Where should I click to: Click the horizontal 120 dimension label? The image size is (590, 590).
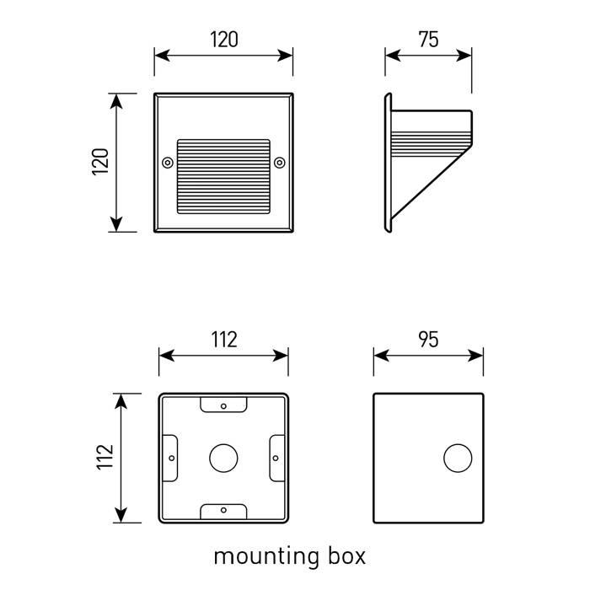tap(223, 39)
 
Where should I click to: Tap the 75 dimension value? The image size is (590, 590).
tap(428, 39)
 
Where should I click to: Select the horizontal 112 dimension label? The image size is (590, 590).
tap(223, 339)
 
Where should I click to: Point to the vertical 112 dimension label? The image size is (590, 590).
tap(105, 458)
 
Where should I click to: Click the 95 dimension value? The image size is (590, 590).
tap(428, 339)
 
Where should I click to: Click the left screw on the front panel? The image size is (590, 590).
tap(167, 161)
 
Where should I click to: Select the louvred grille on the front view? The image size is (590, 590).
tap(223, 175)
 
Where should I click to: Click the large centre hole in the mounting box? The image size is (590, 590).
tap(223, 458)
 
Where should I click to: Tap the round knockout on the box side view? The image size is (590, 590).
tap(458, 458)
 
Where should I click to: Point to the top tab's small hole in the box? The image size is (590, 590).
tap(223, 405)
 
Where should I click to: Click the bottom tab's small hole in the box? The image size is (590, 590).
tap(223, 510)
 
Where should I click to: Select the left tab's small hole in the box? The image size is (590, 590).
tap(171, 458)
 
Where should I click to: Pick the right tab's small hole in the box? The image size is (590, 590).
tap(276, 458)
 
